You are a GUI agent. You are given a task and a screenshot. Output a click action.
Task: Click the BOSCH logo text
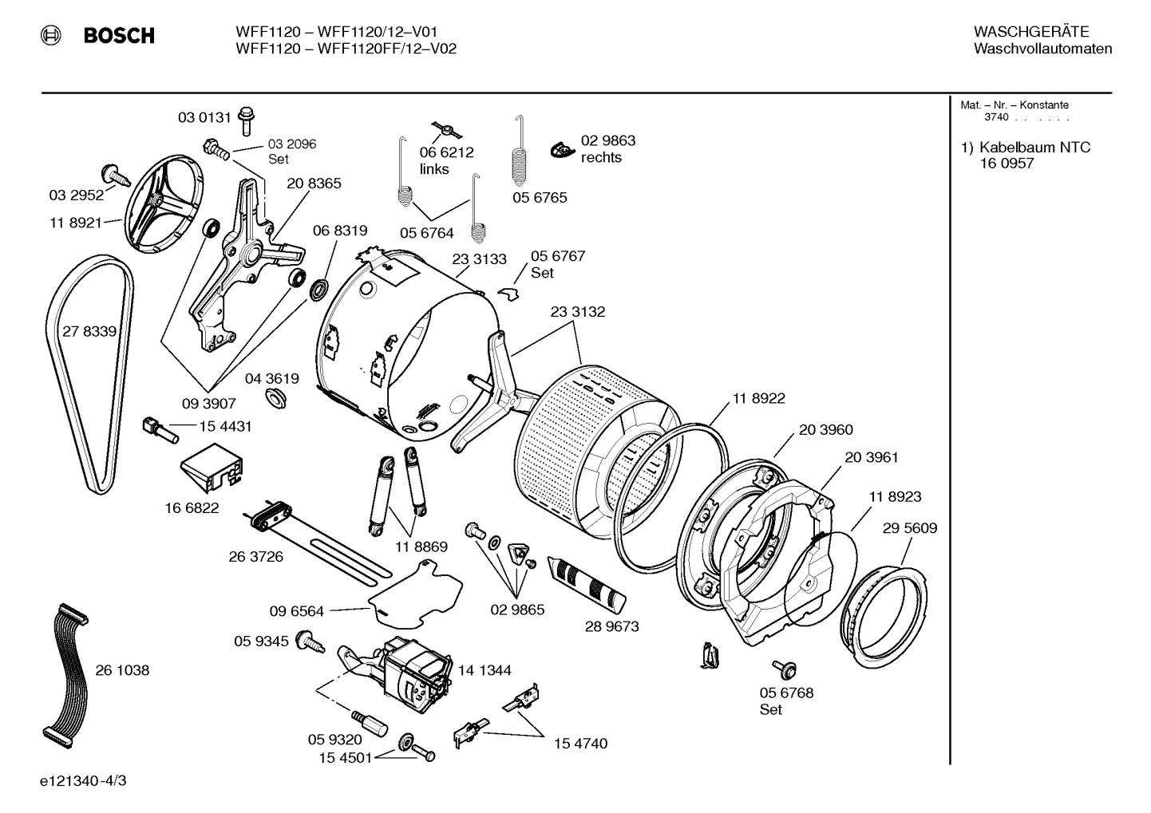118,36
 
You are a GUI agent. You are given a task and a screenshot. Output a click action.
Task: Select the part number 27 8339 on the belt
89,331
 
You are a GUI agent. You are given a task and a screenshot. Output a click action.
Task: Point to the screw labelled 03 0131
246,120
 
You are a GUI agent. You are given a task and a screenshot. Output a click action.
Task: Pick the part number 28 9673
611,626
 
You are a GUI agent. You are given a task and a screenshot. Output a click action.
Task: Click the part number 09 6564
296,611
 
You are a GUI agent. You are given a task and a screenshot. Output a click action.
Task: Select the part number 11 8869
421,547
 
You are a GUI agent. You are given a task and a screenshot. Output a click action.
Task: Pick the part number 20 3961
871,457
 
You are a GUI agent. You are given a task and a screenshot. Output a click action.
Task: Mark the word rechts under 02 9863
601,157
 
